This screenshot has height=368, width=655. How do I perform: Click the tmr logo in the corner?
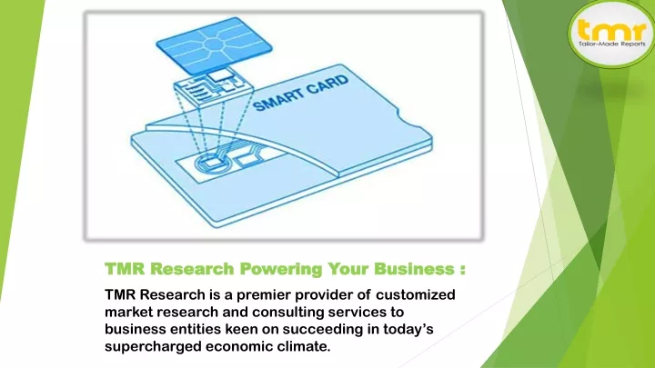click(x=611, y=34)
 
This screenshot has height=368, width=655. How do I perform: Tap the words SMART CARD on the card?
click(x=301, y=94)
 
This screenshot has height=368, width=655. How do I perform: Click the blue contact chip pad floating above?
click(x=214, y=45)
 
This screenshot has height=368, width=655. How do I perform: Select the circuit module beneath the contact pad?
click(x=214, y=88)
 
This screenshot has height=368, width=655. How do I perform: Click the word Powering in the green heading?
click(x=281, y=269)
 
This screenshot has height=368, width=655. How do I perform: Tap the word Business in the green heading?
click(x=414, y=269)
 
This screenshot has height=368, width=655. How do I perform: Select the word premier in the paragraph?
click(x=264, y=295)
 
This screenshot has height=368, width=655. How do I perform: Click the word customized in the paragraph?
click(x=415, y=294)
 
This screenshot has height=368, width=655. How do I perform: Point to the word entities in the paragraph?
click(x=196, y=329)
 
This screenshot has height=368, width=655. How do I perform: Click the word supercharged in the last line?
click(x=153, y=347)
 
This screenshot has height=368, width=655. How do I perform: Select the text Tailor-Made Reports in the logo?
click(x=611, y=44)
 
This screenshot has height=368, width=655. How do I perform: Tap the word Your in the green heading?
click(x=348, y=269)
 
